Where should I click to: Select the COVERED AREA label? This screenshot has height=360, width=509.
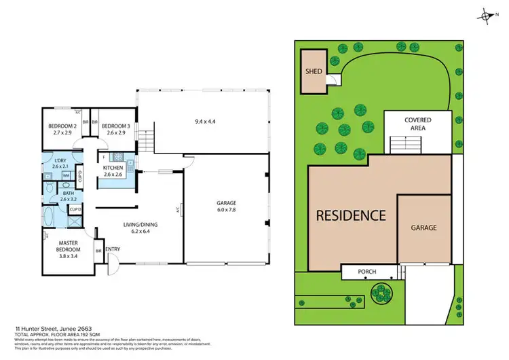point(417,124)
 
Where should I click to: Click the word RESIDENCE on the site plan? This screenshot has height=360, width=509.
point(350,216)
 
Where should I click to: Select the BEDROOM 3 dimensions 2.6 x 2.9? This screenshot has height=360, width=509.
point(115,132)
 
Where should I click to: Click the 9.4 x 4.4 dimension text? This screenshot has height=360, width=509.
point(204,122)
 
